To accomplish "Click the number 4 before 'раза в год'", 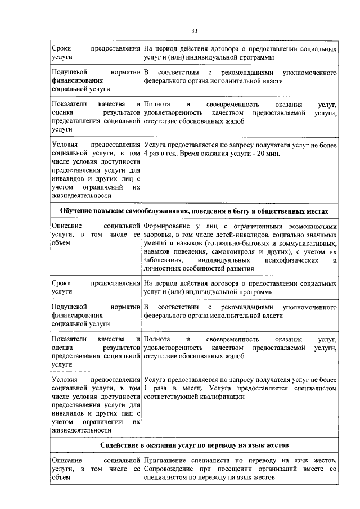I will pos(146,154).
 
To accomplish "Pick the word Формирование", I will pos(169,226).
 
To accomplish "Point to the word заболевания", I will pos(163,260).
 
